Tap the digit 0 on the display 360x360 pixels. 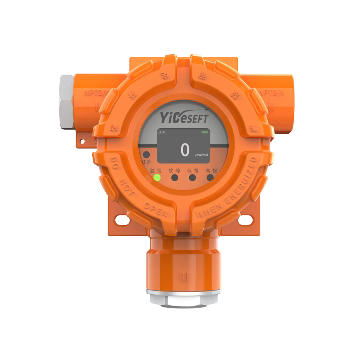tap(184, 149)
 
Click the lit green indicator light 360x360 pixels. tap(157, 178)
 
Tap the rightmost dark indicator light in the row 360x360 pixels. tap(213, 179)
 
